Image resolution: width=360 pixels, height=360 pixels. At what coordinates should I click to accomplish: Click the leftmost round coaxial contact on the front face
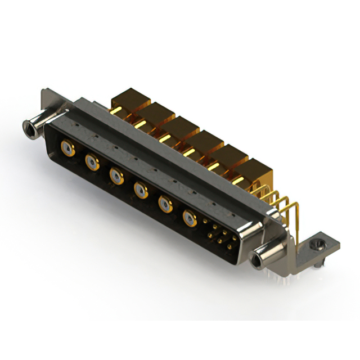click(67, 149)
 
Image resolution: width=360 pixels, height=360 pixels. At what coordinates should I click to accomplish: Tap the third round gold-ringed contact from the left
click(116, 177)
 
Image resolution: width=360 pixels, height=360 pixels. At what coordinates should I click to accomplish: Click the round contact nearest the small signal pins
click(190, 218)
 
